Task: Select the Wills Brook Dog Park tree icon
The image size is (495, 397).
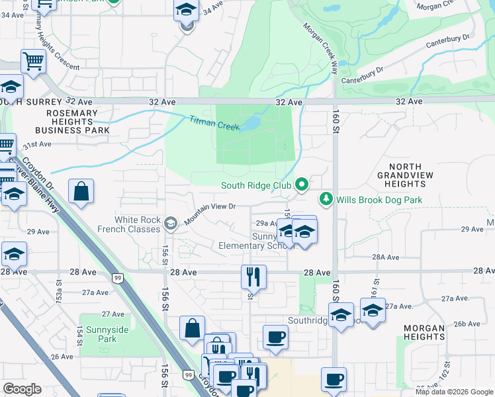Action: [x=326, y=198]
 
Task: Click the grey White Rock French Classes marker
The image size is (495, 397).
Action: [x=171, y=224]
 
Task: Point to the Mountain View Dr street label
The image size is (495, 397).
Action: [x=210, y=211]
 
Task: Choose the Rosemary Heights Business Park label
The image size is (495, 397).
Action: [x=69, y=122]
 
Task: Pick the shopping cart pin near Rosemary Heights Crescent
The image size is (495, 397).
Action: [x=32, y=62]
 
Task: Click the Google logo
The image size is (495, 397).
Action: [x=22, y=389]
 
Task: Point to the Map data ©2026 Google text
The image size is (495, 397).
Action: [x=454, y=392]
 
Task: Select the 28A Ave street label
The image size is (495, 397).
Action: [x=385, y=257]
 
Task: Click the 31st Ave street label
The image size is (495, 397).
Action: [x=37, y=144]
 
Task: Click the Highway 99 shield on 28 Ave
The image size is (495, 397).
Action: [x=117, y=279]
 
